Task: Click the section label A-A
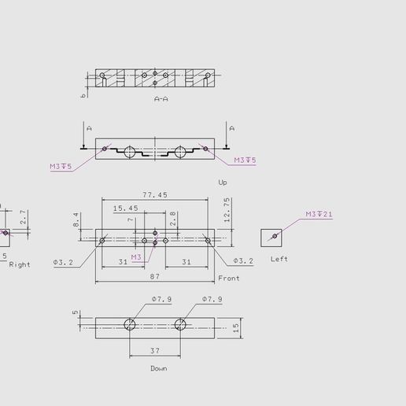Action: (161, 99)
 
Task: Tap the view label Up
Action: (223, 182)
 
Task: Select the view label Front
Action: (229, 279)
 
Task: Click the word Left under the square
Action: (279, 259)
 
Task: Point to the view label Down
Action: (158, 368)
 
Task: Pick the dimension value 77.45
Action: (154, 194)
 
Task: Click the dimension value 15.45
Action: (125, 209)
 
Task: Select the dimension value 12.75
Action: (227, 210)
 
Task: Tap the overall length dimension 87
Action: (154, 276)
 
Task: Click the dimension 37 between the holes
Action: (155, 351)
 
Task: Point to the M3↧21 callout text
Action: (319, 214)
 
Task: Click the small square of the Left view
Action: (271, 238)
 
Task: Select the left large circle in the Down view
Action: (130, 325)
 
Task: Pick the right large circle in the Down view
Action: (181, 325)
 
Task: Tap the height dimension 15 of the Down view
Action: (234, 327)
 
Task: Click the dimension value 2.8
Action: (172, 219)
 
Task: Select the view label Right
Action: (20, 264)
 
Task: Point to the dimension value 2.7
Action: (24, 216)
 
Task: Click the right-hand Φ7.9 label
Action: (212, 299)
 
